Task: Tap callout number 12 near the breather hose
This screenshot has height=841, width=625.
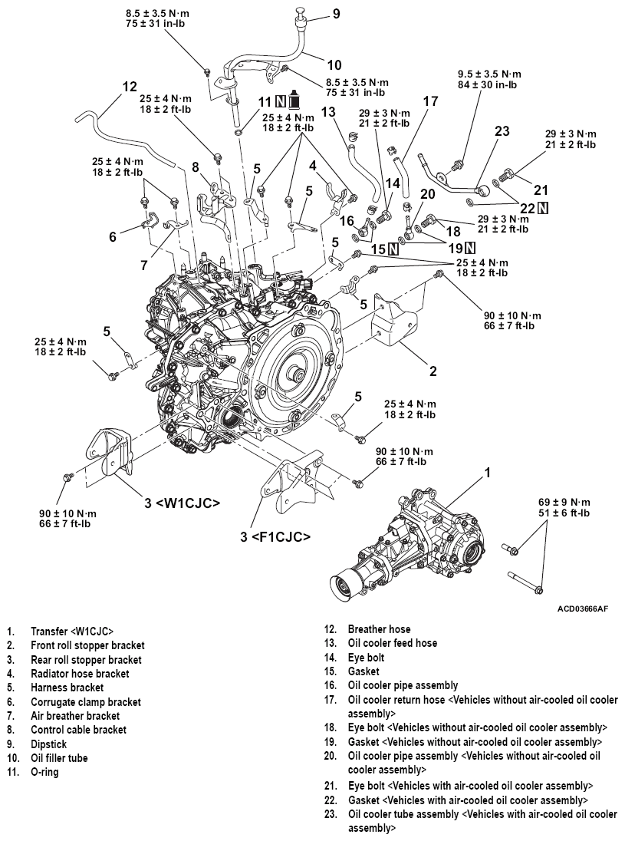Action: (130, 87)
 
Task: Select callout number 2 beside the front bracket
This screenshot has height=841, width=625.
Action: (433, 371)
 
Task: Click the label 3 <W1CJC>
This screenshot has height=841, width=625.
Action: (183, 503)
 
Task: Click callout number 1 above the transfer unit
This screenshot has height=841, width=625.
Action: (486, 473)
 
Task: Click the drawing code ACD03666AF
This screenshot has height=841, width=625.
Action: (584, 608)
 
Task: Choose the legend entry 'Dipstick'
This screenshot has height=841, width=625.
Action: (50, 744)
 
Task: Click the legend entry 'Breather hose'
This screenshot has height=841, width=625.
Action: (379, 629)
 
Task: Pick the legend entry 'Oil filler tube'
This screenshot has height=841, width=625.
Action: (59, 757)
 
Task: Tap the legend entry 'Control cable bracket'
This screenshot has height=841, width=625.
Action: (78, 730)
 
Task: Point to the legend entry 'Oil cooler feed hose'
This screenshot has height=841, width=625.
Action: (393, 643)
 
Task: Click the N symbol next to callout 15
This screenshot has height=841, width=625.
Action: (393, 249)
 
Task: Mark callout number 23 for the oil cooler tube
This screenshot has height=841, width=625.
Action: (502, 131)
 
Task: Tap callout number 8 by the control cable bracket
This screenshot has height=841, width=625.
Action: (196, 167)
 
